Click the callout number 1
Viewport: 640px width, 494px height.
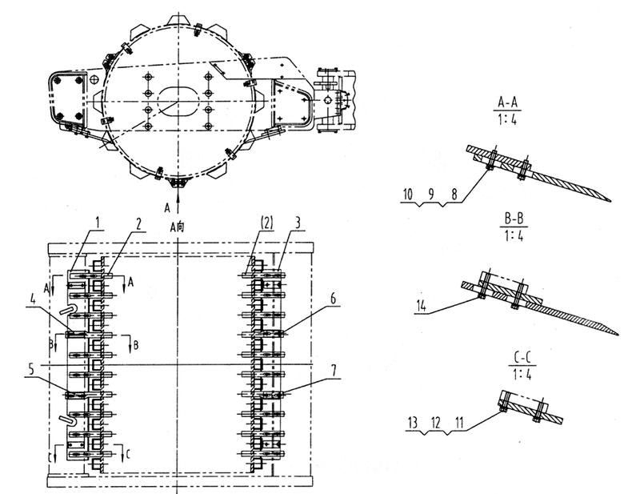(97, 223)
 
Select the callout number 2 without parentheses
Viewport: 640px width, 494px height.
(139, 223)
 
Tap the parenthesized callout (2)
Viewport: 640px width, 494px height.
(266, 223)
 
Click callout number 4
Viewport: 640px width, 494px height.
(33, 300)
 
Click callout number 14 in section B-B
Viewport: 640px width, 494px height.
(422, 305)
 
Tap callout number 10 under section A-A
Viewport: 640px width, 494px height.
(408, 194)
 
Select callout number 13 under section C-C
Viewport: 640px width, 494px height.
(413, 423)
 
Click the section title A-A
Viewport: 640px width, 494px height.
(507, 102)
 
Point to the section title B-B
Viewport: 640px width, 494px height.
(514, 219)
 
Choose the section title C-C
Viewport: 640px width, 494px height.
(522, 359)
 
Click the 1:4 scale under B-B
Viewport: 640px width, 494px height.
(514, 235)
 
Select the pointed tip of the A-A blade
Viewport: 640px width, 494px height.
(610, 200)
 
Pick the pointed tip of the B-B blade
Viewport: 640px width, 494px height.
(617, 334)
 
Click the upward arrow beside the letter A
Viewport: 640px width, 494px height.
(178, 200)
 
